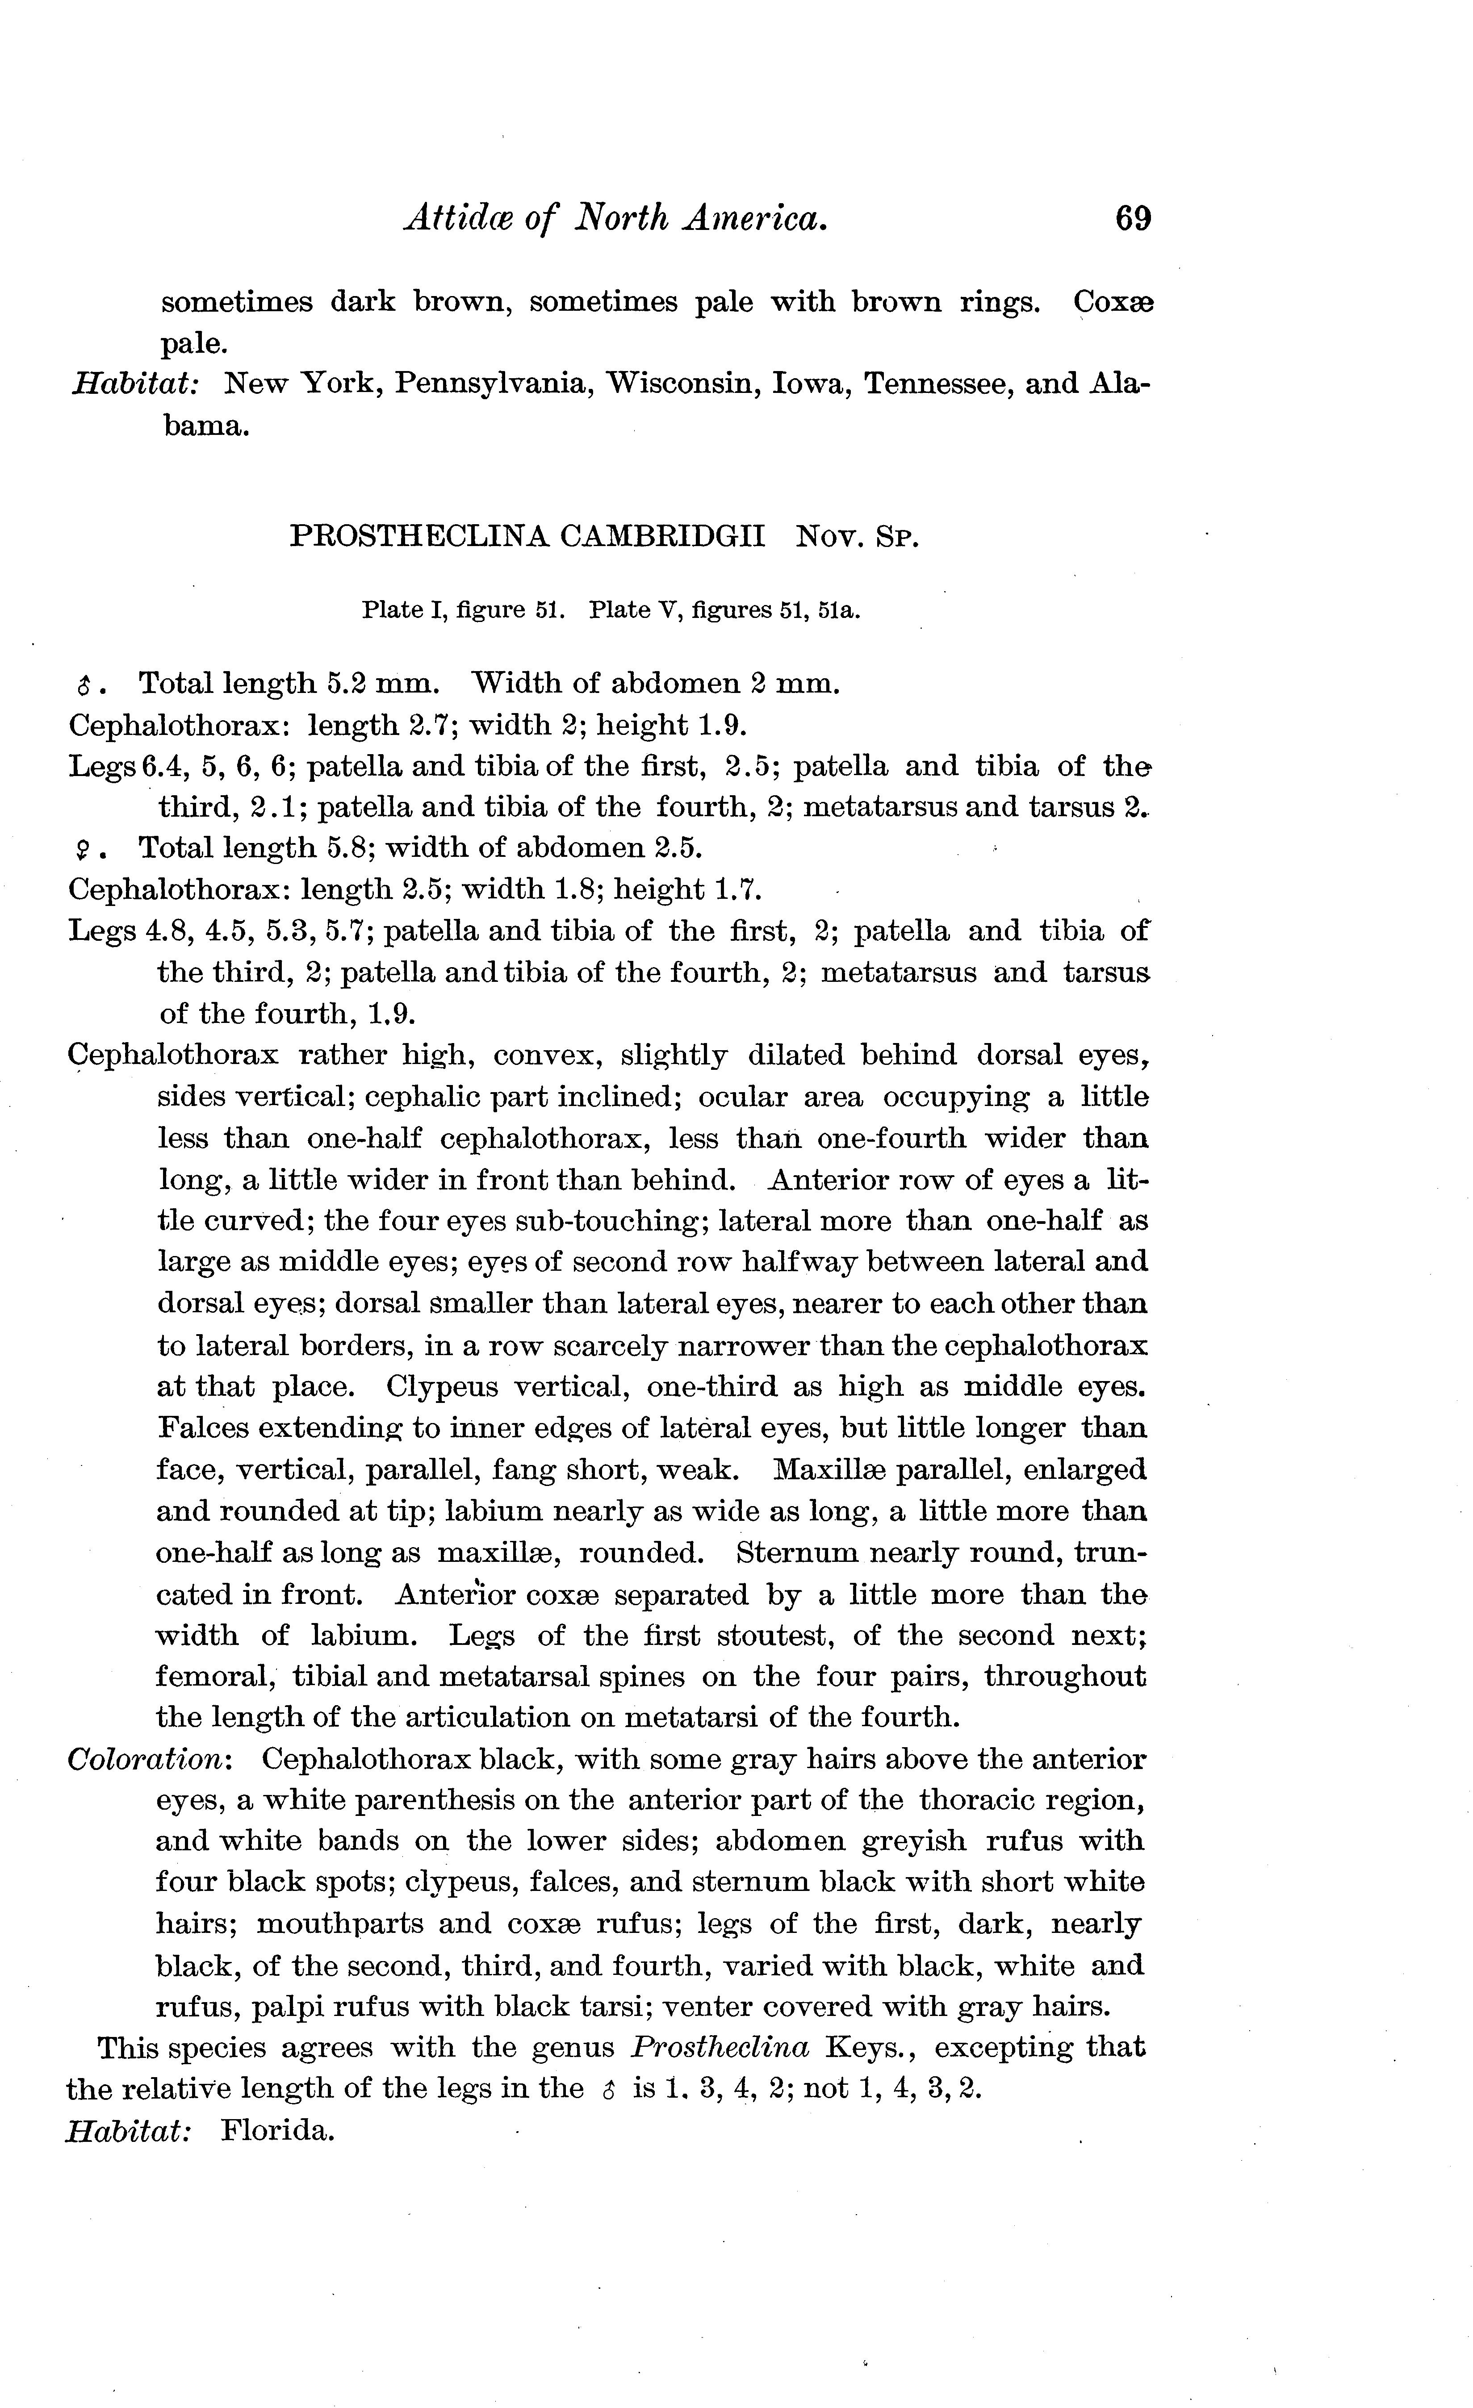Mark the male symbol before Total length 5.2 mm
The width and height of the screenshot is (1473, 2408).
tap(83, 685)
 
